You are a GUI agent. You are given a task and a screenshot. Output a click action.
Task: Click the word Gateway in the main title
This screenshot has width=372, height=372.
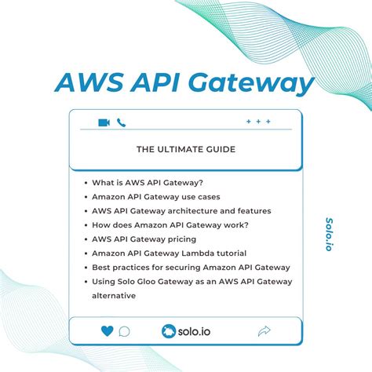(252, 83)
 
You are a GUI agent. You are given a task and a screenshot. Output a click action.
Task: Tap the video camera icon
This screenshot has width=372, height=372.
(104, 122)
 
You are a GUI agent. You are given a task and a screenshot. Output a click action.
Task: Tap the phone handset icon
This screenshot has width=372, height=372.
(122, 122)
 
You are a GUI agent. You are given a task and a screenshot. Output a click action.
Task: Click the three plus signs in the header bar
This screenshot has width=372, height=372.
(258, 122)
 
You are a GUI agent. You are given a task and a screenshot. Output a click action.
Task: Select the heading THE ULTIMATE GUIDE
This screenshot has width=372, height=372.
(185, 150)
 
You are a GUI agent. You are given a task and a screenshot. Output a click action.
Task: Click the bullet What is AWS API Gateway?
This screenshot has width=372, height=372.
(148, 182)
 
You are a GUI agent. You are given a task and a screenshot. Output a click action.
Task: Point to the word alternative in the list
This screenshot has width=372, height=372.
(114, 296)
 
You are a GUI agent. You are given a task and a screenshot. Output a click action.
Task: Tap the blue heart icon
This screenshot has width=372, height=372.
(107, 331)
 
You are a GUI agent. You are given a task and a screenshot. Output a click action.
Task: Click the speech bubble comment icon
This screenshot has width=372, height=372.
(124, 331)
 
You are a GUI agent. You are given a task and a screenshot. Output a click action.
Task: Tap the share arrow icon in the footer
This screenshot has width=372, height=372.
(264, 331)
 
